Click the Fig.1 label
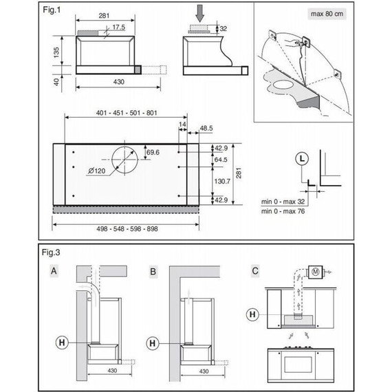tap(52, 10)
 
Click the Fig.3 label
tap(51, 252)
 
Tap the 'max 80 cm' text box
tap(327, 14)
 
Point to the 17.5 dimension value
tap(119, 27)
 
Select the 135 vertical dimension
tap(56, 52)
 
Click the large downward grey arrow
tap(199, 13)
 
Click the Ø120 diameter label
tap(97, 171)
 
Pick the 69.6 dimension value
tap(153, 152)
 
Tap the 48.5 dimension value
tap(206, 128)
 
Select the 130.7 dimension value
tap(222, 182)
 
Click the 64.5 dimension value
tap(221, 160)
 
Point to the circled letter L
tap(302, 159)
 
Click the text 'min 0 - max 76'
tap(283, 211)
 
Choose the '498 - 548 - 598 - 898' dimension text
tap(127, 229)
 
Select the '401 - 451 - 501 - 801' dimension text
tap(127, 113)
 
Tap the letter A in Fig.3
tap(54, 271)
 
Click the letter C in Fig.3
tap(255, 271)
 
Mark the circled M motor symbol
tap(316, 272)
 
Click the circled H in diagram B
tap(153, 343)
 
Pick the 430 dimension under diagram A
tap(112, 371)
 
